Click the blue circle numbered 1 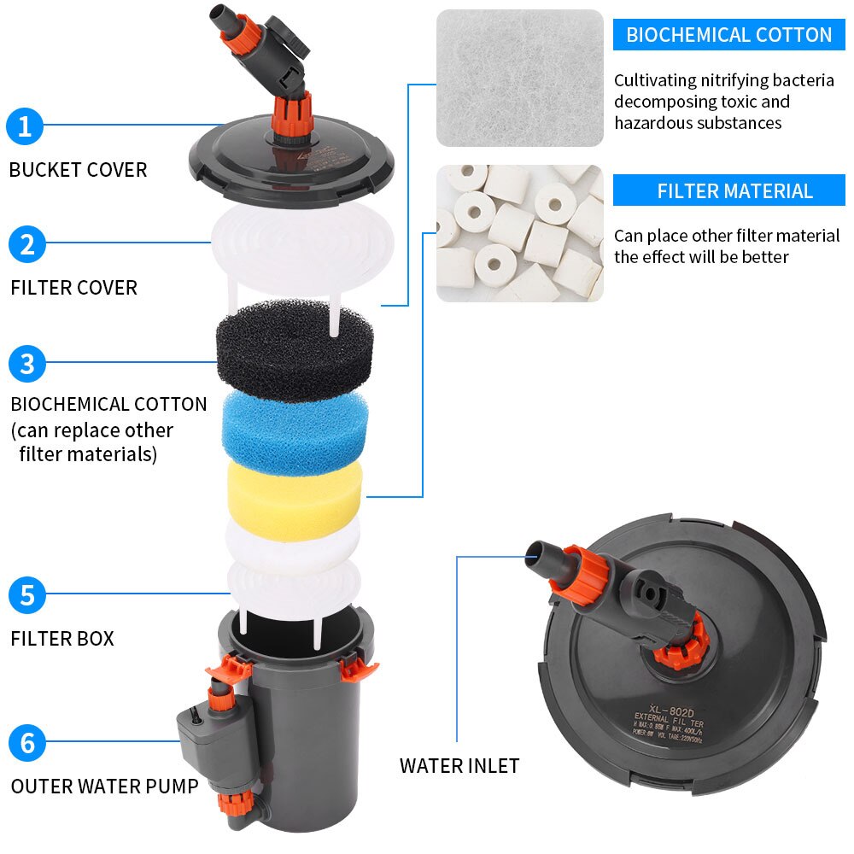click(26, 126)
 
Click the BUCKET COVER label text click(78, 170)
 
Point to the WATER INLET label click(459, 766)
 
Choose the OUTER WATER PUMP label click(104, 786)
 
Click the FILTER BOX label click(62, 638)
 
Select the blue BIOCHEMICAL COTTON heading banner click(728, 35)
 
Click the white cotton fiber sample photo click(519, 78)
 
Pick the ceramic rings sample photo click(519, 233)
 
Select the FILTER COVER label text click(73, 288)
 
